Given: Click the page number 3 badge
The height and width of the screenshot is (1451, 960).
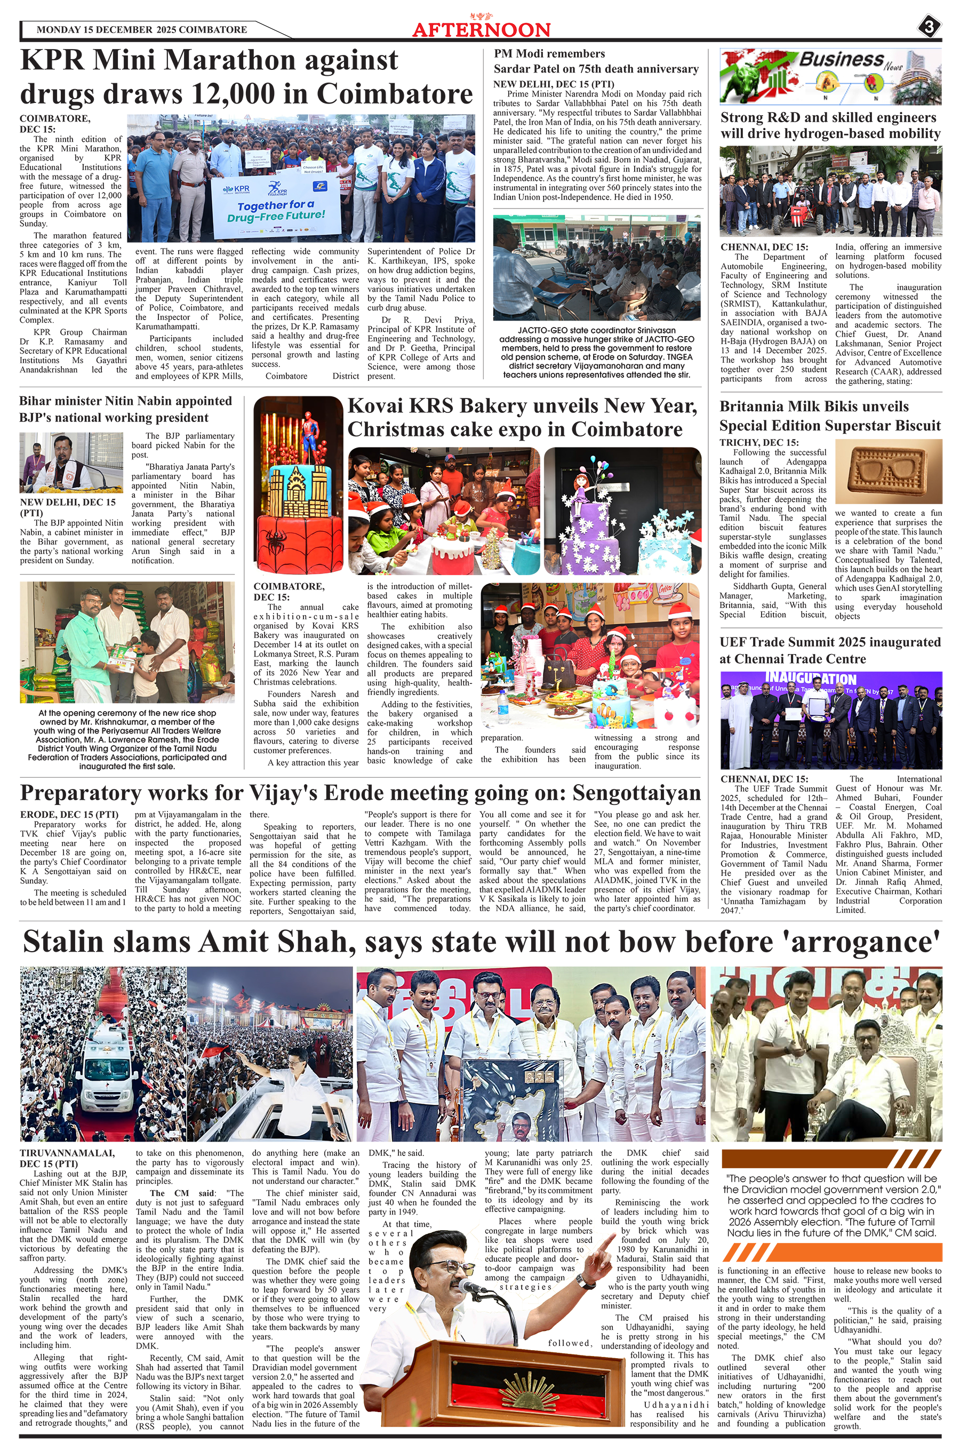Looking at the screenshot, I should click(x=929, y=27).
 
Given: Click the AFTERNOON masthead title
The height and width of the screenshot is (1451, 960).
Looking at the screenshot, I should click(x=481, y=30).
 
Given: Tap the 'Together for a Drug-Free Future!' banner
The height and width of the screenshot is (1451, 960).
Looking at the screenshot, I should click(x=276, y=206).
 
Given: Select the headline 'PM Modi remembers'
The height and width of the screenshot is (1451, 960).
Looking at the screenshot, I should click(x=549, y=54).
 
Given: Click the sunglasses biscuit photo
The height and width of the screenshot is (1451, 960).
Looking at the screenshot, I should click(x=888, y=473).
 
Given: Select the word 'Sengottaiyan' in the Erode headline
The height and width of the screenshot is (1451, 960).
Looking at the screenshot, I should click(x=636, y=793).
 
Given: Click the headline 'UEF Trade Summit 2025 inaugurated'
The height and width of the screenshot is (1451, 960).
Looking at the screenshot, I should click(x=829, y=642).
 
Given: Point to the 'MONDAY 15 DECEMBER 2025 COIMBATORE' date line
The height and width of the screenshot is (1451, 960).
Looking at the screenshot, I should click(x=141, y=30).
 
